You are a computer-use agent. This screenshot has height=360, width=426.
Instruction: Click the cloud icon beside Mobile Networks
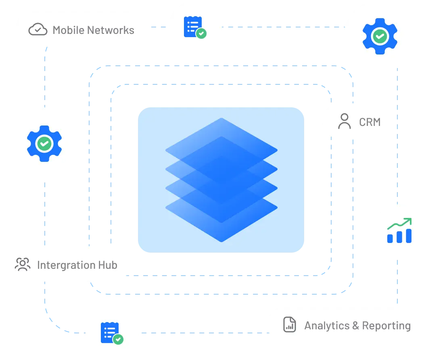(38, 29)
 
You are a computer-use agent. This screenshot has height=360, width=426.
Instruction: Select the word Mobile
(68, 30)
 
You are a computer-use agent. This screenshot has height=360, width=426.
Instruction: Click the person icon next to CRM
(344, 121)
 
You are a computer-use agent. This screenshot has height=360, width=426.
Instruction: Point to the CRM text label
(370, 121)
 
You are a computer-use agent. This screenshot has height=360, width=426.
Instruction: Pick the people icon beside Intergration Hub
(23, 264)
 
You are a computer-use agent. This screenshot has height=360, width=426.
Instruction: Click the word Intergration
(60, 265)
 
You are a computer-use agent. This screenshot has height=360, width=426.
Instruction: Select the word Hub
(107, 265)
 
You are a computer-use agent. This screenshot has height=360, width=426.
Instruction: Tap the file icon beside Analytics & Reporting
(289, 325)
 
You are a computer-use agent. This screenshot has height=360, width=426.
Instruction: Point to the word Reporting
(386, 325)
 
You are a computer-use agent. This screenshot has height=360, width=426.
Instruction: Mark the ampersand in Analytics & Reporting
(355, 325)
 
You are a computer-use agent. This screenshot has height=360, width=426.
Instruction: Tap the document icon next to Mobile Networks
(194, 28)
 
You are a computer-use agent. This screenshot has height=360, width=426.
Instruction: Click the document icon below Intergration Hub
(111, 333)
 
